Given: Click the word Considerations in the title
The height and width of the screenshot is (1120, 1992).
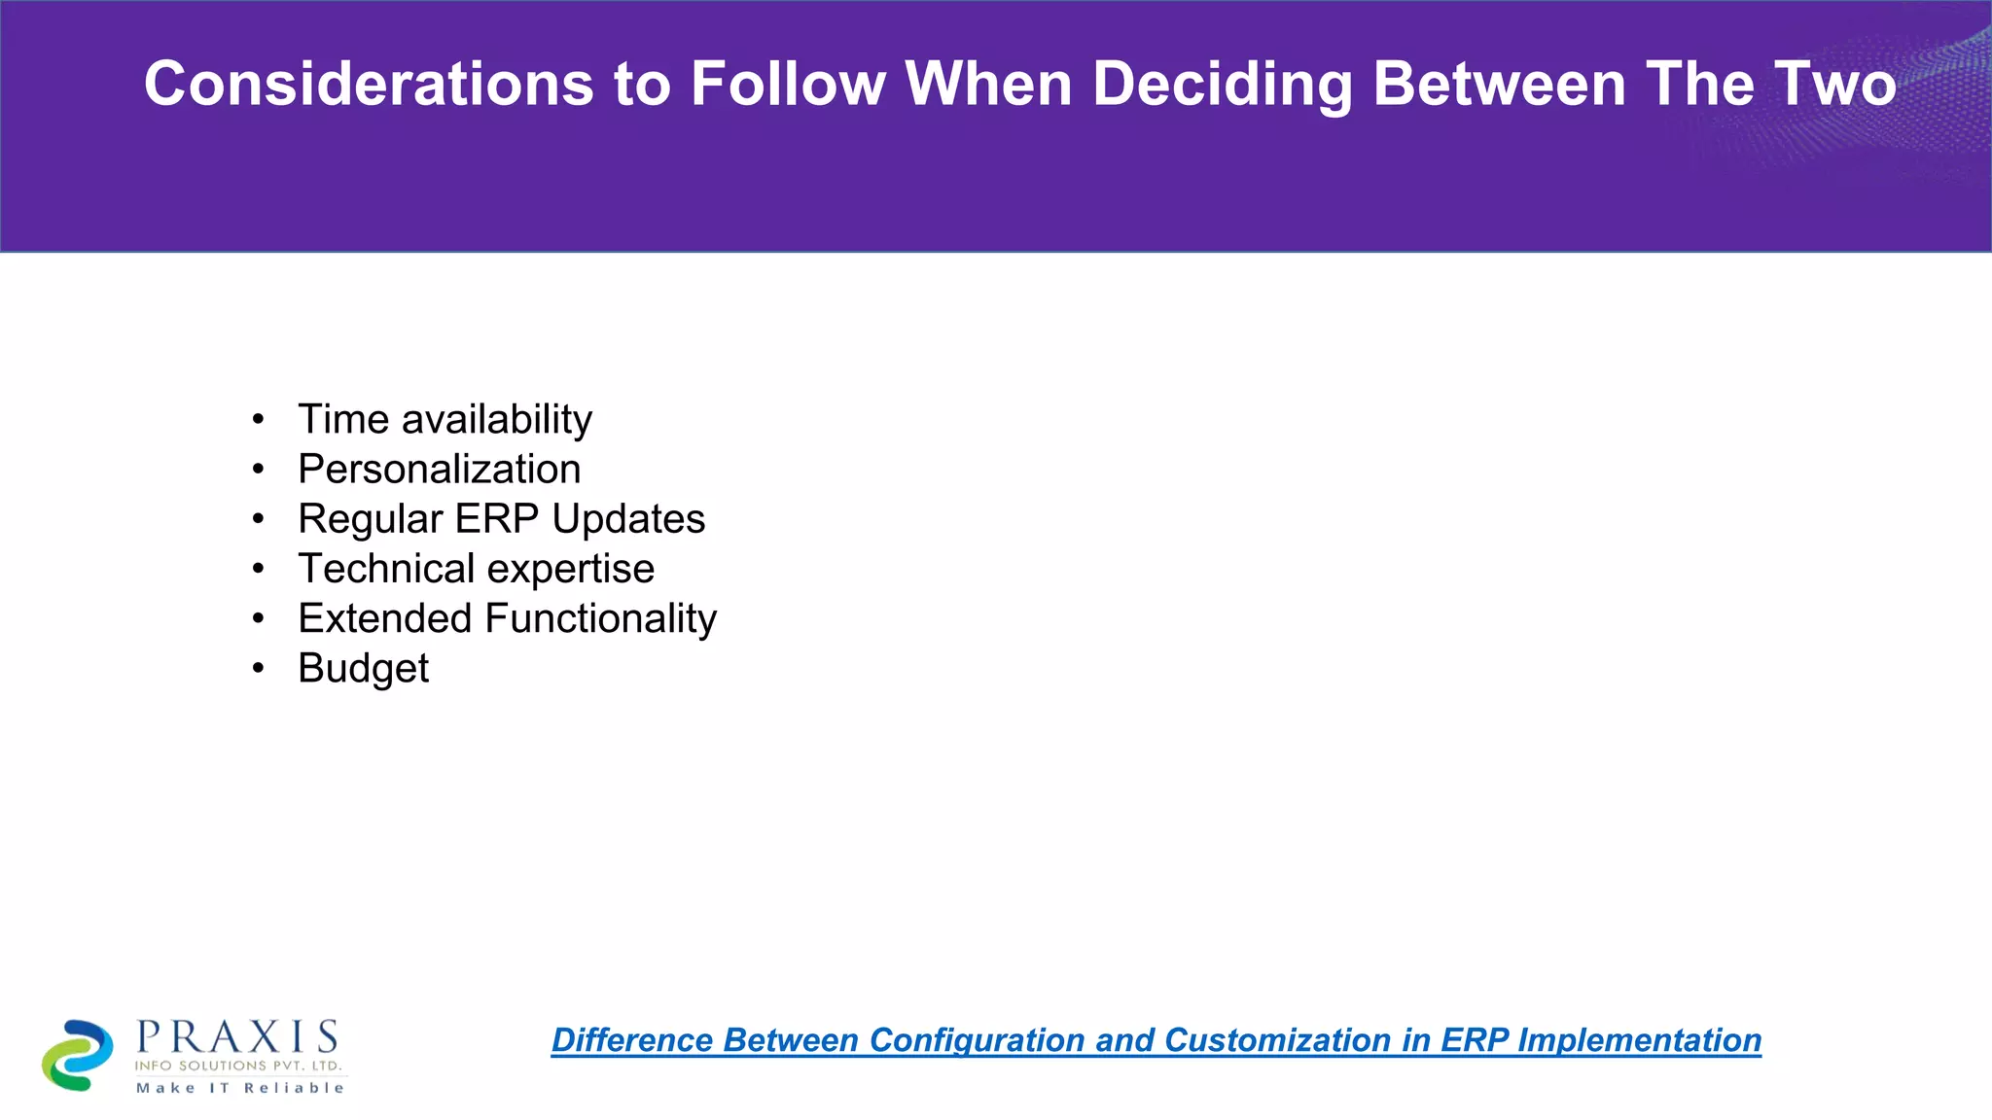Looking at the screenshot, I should point(369,84).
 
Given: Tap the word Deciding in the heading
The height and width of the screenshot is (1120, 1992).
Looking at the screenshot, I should point(1222,84).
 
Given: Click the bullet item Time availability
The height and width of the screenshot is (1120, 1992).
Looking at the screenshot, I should point(445,420).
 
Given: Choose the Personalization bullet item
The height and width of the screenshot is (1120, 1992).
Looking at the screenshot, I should point(439,470).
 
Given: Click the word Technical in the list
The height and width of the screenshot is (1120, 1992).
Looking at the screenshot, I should point(385,569).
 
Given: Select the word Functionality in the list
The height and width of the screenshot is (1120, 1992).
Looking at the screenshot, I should point(600,618).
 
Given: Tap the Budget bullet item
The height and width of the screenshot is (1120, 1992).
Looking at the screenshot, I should point(363,669).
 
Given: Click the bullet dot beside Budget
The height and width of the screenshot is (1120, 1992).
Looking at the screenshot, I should point(258,668).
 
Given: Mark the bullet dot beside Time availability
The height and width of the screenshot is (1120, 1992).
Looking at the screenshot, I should point(258,419).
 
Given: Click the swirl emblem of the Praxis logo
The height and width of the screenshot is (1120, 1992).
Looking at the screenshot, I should point(78,1055).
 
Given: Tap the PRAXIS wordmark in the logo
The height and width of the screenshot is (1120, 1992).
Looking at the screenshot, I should point(237,1037).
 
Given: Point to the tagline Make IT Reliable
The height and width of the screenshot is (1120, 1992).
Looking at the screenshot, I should point(240,1088).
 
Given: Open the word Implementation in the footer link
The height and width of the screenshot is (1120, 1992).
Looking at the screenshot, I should point(1639,1040).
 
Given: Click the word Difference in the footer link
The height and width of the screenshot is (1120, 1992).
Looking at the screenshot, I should point(631,1040).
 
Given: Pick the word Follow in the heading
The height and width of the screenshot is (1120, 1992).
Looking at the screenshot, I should point(788,84).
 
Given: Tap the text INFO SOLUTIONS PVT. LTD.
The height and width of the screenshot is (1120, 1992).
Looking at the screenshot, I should point(238,1066).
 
